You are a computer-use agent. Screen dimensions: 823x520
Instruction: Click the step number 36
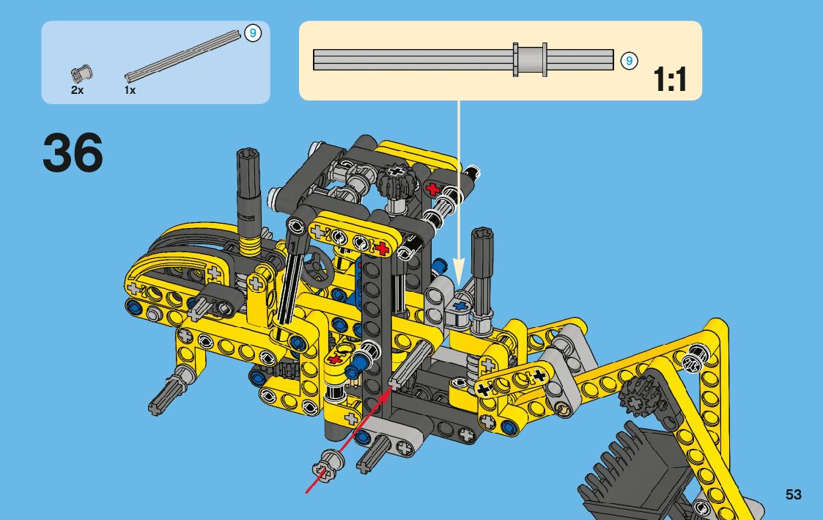(73, 153)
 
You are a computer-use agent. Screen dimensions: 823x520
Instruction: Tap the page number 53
(793, 494)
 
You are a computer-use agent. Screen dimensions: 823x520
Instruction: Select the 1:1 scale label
(670, 79)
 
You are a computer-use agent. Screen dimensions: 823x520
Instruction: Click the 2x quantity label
(77, 90)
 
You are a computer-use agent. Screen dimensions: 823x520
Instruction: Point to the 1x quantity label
(130, 90)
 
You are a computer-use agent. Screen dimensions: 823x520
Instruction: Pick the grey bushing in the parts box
(81, 73)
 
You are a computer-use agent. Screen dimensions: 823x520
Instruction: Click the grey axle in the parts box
(182, 56)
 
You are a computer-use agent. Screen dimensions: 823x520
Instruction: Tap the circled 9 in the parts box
(252, 34)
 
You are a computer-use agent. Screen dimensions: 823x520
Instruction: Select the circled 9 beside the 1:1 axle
(629, 61)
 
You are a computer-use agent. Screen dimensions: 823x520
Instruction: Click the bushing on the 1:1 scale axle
(530, 59)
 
